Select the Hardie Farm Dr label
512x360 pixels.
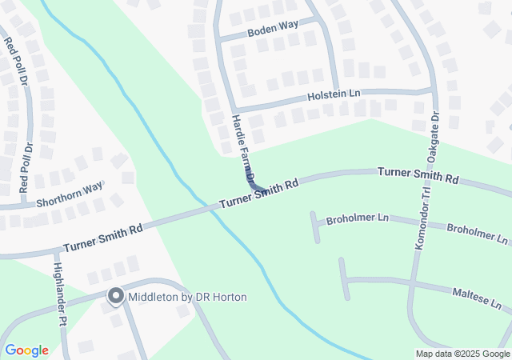click(x=243, y=149)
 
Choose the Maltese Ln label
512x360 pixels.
click(x=476, y=298)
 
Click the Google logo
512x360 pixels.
click(x=26, y=350)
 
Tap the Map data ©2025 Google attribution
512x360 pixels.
click(x=462, y=354)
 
